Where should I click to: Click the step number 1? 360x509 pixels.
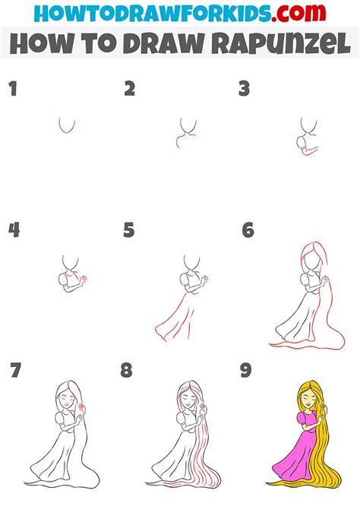coord(12,90)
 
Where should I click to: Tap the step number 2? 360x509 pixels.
coord(130,90)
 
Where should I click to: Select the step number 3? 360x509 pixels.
coord(244,90)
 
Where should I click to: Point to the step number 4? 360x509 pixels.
coord(13,230)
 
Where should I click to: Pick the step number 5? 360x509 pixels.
coord(129,230)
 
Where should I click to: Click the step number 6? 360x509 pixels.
coord(248,230)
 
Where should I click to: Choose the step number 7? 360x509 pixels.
coord(16,371)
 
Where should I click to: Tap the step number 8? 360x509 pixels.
coord(126,371)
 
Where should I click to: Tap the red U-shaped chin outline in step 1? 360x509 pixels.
coord(67,126)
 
